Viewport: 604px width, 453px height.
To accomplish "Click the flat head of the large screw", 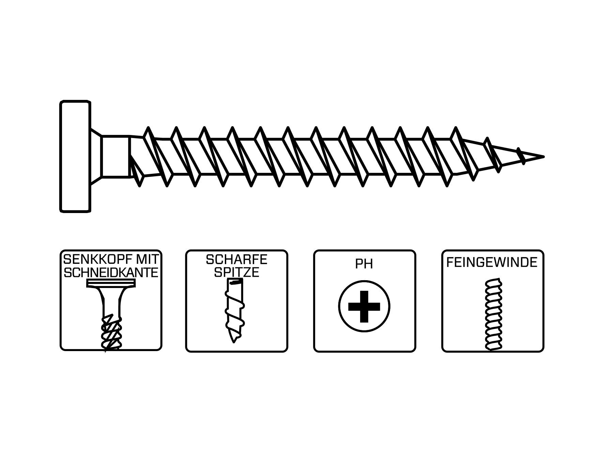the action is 75,156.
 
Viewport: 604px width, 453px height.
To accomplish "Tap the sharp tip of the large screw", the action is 542,157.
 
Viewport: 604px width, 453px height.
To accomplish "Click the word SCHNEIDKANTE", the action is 111,272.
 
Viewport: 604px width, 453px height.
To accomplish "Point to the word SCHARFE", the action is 236,260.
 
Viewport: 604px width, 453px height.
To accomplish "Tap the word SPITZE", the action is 236,272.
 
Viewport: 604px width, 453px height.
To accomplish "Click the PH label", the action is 364,264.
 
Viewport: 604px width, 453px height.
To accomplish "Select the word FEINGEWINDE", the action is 492,262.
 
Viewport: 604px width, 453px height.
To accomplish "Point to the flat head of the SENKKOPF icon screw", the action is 111,283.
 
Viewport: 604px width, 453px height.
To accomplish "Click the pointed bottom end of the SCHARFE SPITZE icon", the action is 233,340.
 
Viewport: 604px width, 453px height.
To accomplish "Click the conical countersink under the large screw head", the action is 96,156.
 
